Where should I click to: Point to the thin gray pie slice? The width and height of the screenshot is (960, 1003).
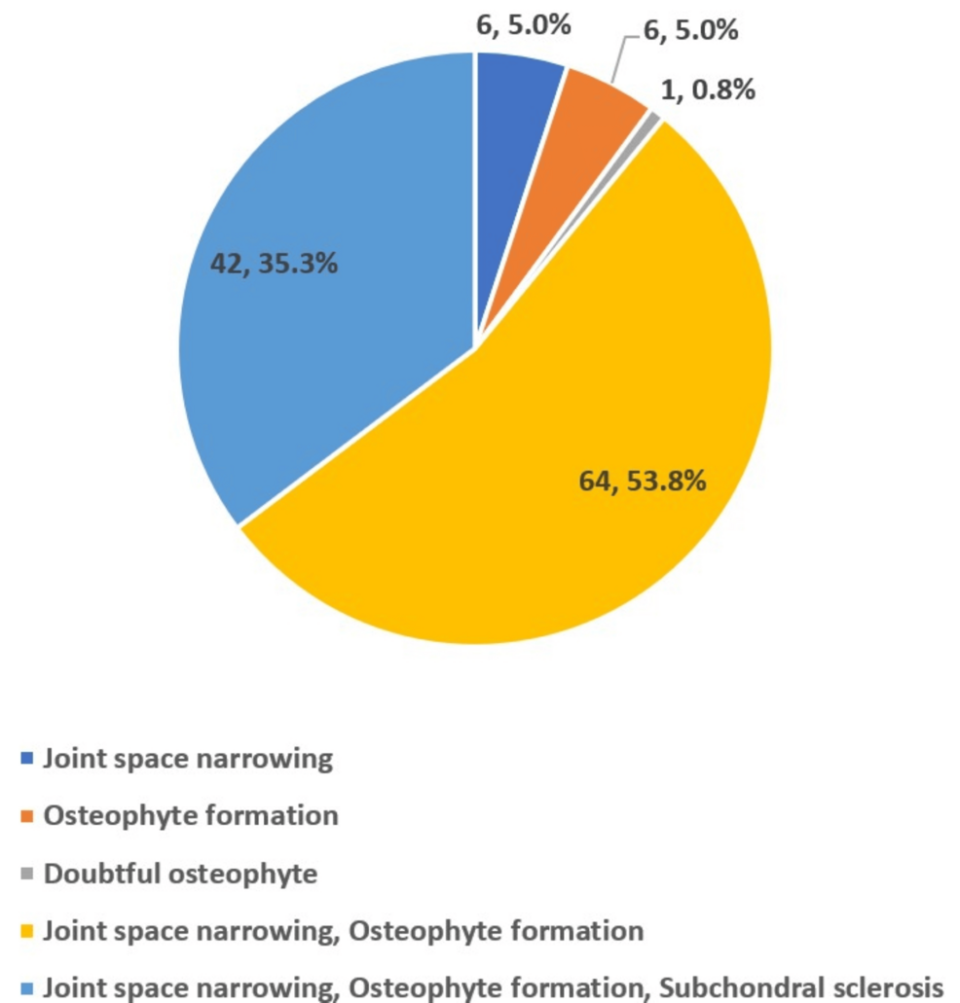[650, 121]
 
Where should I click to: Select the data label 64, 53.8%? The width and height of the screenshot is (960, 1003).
[643, 480]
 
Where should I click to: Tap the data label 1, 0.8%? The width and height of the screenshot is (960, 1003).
[707, 90]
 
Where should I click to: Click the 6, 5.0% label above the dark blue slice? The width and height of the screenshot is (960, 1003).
[523, 24]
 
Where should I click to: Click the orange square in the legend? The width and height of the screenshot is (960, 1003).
[26, 815]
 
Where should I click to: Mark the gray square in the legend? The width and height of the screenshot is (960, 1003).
[26, 874]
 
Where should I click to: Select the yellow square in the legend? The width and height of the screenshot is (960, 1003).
[26, 931]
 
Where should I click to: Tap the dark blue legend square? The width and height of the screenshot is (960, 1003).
[26, 758]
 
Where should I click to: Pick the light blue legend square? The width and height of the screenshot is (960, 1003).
[26, 987]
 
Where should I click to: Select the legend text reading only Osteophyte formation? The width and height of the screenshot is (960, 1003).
[191, 815]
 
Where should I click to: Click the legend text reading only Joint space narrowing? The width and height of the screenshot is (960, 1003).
[188, 758]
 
